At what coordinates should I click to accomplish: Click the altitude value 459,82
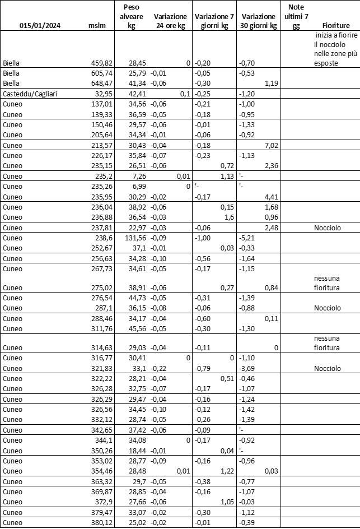[101, 63]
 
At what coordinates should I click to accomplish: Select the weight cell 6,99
[138, 185]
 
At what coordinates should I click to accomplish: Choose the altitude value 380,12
[101, 522]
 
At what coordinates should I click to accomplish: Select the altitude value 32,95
[104, 93]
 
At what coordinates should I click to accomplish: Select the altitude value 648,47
[101, 83]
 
